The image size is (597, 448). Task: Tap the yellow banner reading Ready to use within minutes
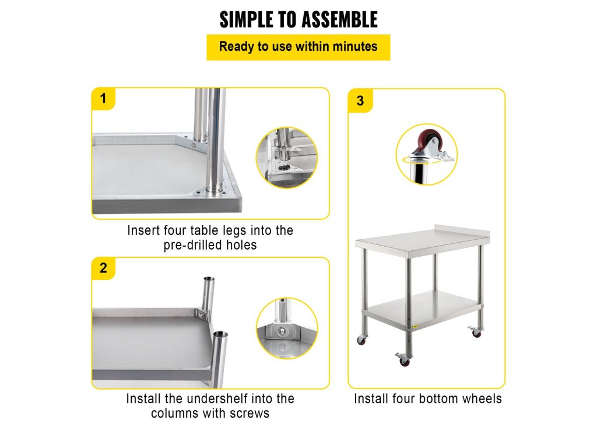[x=298, y=47]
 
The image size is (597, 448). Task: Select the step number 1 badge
[x=103, y=99]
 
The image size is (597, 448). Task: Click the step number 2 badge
[x=103, y=268]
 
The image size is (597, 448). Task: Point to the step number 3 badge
[x=360, y=101]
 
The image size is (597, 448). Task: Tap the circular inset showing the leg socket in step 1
[x=287, y=157]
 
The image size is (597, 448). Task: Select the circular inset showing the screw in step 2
[x=287, y=328]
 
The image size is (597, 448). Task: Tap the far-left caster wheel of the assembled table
[x=361, y=339]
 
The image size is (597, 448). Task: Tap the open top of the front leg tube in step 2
[x=220, y=335]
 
